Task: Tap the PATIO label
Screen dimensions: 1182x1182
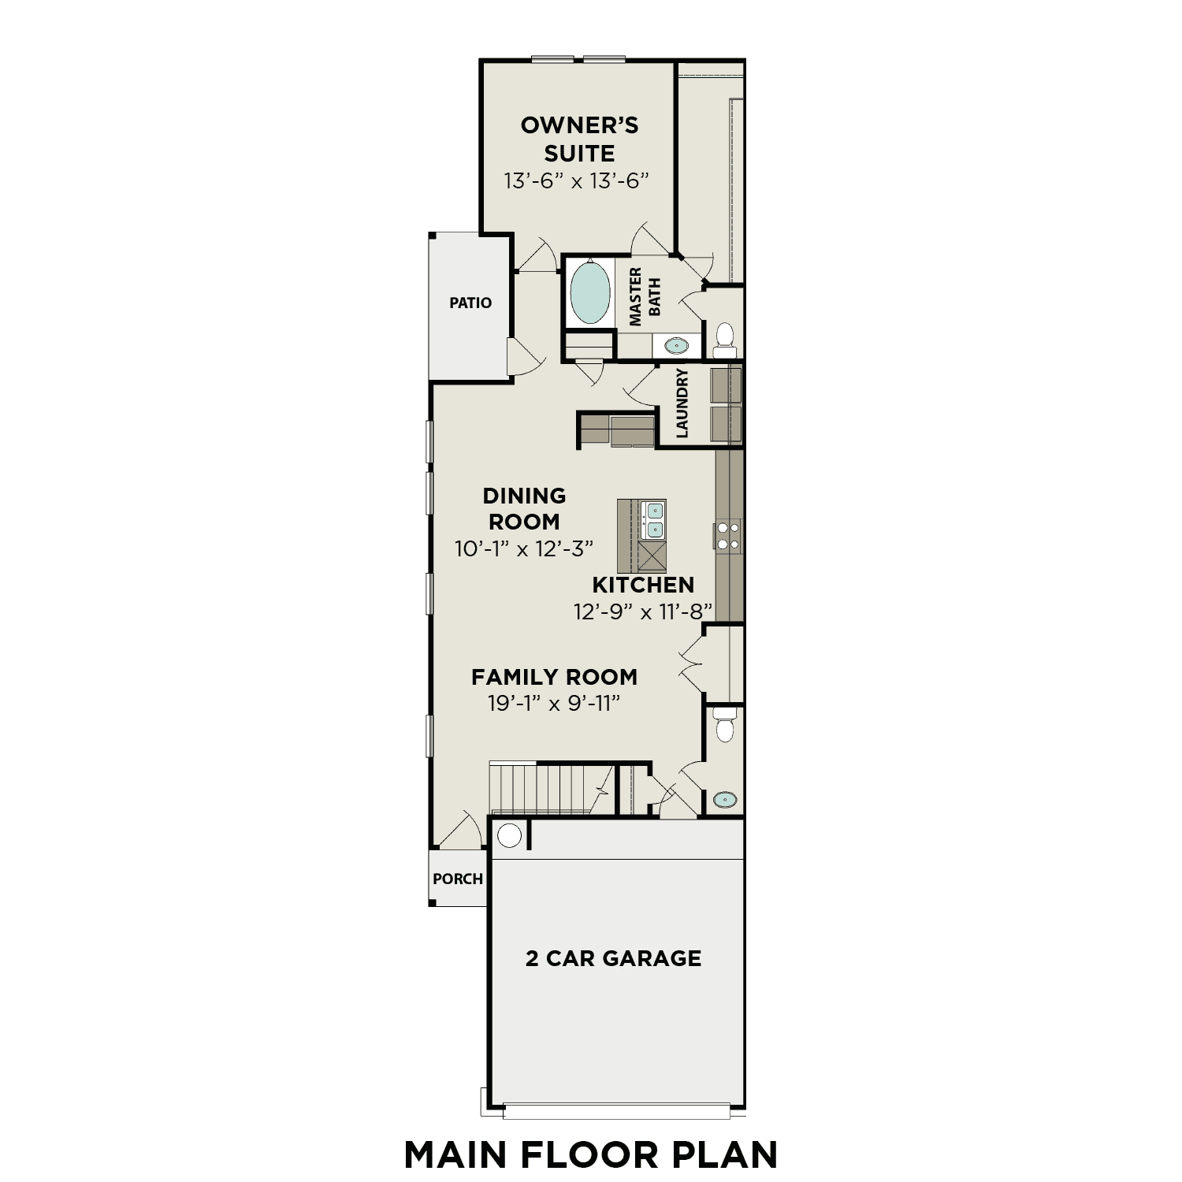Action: click(470, 303)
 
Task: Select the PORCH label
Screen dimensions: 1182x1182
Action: click(458, 879)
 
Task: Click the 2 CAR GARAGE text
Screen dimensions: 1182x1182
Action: click(613, 958)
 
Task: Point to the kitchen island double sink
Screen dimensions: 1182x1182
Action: click(654, 519)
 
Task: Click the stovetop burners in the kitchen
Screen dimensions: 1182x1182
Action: click(728, 535)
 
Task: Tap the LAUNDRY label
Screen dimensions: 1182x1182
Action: click(682, 403)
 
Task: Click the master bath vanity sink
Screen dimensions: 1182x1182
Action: click(676, 345)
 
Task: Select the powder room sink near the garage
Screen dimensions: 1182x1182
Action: click(725, 801)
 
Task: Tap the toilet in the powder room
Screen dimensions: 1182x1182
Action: click(724, 724)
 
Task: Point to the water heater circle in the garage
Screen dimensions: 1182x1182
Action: click(509, 835)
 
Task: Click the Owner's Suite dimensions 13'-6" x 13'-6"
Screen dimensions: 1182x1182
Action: click(577, 181)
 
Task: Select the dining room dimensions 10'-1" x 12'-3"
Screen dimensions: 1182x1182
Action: click(524, 548)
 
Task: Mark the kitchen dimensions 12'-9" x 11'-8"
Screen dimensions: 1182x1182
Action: click(643, 611)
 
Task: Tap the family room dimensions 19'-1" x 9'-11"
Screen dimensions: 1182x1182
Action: click(554, 704)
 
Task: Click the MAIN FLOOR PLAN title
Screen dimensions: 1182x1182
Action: click(590, 1154)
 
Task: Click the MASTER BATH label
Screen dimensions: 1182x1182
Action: click(645, 296)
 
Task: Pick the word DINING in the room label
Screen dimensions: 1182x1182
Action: click(524, 496)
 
